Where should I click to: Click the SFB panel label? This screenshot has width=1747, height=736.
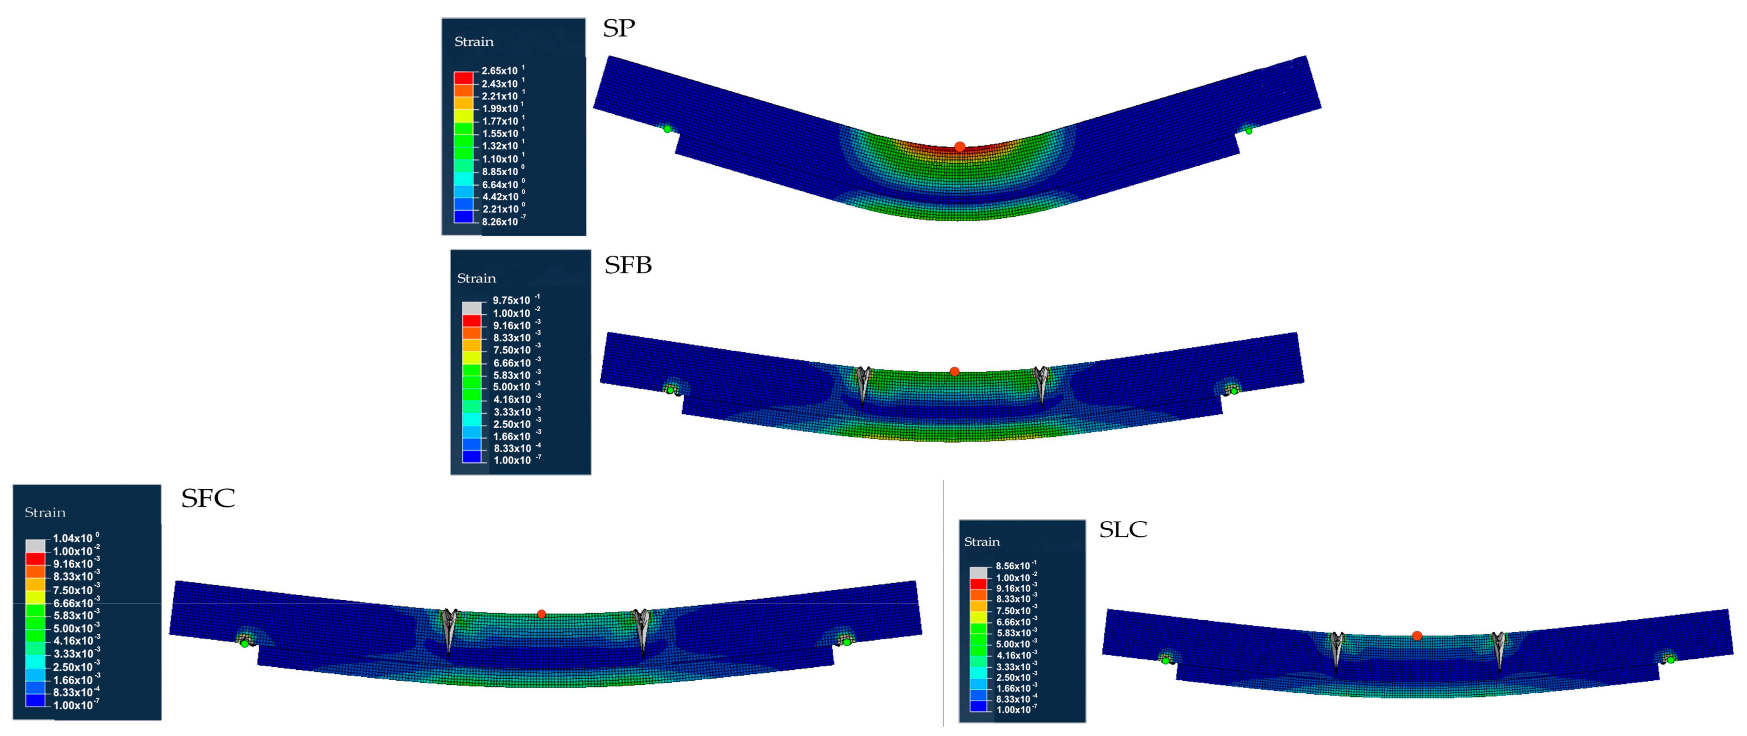coord(628,265)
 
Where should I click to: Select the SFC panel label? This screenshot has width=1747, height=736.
coord(208,499)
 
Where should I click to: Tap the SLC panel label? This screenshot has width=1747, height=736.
coord(1123,529)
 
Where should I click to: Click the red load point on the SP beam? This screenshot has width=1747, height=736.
coord(959,146)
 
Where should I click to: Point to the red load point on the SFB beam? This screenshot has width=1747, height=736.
coord(954,371)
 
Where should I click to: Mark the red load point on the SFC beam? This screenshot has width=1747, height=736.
coord(541,614)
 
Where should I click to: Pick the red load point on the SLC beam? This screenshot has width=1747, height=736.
coord(1417,635)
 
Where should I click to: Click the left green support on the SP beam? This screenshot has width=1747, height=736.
coord(667,129)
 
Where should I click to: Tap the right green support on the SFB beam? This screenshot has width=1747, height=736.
coord(1234,391)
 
